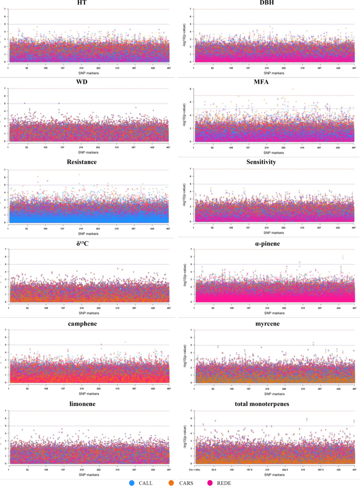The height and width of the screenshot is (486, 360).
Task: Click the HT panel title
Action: (88, 4)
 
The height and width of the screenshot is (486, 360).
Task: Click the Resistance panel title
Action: (88, 162)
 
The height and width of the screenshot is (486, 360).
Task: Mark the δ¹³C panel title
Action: (88, 242)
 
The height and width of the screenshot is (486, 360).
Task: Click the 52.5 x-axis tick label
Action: (214, 467)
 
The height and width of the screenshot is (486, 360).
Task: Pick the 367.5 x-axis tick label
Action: (320, 467)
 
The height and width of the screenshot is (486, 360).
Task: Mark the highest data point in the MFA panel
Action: (293, 89)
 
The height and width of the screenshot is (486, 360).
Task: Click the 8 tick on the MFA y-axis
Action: (191, 88)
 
